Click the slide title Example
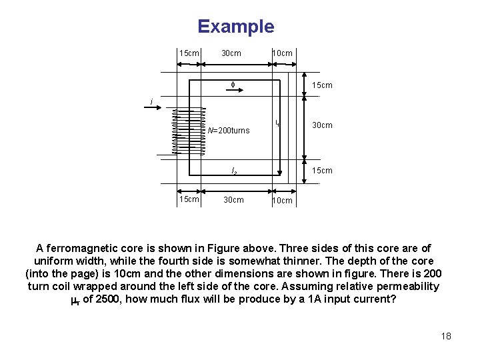[x=235, y=27]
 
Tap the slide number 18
[x=446, y=335]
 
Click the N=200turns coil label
[x=228, y=131]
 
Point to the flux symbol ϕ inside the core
[x=233, y=85]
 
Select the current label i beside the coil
[x=151, y=102]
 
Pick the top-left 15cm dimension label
[x=189, y=53]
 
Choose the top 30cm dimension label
[x=231, y=53]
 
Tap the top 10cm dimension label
[x=281, y=53]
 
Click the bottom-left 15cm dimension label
[x=189, y=199]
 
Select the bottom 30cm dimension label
[x=233, y=199]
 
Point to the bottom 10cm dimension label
[x=282, y=201]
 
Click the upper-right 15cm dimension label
[x=322, y=85]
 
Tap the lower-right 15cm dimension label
[x=322, y=171]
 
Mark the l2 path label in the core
[x=234, y=171]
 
